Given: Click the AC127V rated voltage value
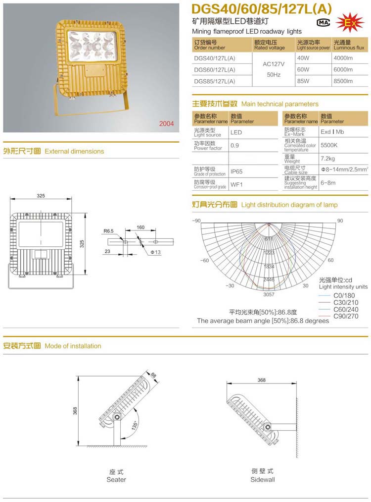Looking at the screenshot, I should click(272, 63).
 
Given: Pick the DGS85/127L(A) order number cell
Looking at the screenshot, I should click(214, 81).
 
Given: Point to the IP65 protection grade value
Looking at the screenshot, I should click(236, 171).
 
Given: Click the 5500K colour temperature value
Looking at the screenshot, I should click(329, 146).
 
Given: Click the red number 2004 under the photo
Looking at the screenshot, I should click(166, 124).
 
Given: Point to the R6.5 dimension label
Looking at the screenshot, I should click(109, 231).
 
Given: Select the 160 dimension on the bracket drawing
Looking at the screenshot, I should click(140, 227).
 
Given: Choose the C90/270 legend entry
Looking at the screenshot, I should click(346, 316).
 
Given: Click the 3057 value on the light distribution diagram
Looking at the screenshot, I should click(269, 294).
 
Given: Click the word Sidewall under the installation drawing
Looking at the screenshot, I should click(262, 479).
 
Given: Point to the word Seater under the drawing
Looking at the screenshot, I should click(116, 479).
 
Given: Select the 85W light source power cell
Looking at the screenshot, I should click(303, 81).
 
